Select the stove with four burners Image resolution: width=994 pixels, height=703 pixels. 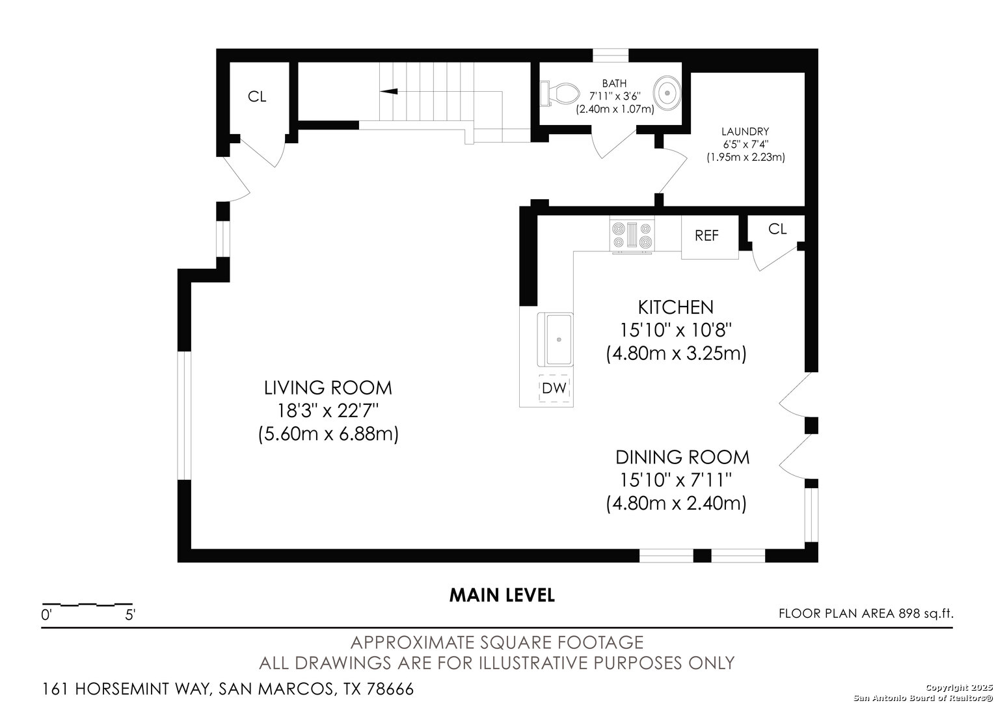coord(632,236)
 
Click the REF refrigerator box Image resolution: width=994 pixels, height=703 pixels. coord(709,236)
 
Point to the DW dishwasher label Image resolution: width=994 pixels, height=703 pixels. coord(554,389)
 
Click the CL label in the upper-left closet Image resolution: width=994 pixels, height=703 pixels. coord(257,97)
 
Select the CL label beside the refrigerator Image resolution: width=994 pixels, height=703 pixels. coord(777,229)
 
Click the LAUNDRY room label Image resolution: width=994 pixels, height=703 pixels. coord(745,131)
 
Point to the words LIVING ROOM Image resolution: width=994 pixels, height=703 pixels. coord(328,388)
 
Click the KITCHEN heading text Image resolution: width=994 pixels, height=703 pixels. coord(675,307)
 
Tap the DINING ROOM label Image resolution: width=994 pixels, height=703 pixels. coord(682,457)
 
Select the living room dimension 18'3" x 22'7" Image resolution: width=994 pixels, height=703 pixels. coord(328,411)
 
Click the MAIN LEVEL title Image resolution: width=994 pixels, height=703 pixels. coord(502,595)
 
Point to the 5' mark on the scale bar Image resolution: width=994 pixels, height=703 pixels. coord(130,614)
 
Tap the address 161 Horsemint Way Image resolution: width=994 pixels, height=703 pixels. coord(228,689)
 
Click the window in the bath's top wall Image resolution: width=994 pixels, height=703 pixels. coord(610,55)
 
